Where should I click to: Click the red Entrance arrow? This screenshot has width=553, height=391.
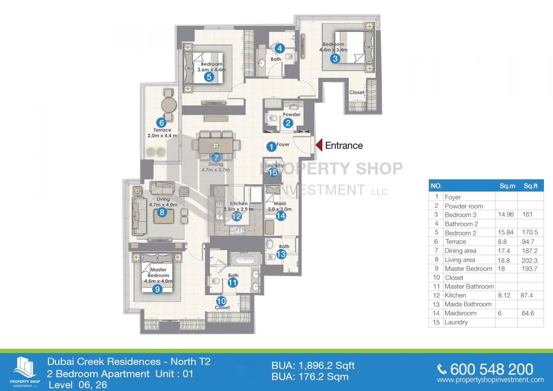319,145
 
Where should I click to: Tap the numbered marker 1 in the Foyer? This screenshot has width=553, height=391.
271,147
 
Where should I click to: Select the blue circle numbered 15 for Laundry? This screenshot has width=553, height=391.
273,172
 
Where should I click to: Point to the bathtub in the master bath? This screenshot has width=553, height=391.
245,260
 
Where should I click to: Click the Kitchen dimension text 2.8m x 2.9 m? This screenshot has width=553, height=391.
239,209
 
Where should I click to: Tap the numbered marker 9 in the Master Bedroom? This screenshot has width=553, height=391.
157,289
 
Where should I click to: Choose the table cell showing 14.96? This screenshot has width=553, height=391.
506,214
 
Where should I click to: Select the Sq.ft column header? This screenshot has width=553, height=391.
531,186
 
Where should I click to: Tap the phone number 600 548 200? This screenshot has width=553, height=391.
491,369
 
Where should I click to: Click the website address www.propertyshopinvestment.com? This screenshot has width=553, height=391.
490,380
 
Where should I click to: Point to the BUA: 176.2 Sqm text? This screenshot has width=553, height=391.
310,377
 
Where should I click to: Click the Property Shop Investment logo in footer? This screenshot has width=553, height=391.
25,371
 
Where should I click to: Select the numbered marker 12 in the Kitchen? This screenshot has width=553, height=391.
236,216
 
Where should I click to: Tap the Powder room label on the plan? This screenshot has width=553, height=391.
292,114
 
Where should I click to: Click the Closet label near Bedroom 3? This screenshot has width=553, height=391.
357,92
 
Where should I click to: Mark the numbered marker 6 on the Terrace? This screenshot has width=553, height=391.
162,122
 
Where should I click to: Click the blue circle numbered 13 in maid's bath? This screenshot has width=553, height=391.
281,254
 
